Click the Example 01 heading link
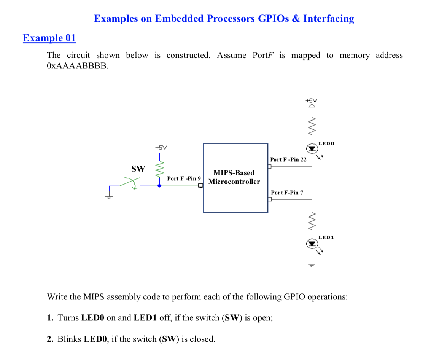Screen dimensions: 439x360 coord(49,38)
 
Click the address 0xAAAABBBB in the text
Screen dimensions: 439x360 coord(77,66)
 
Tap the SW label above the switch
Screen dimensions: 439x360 coord(138,169)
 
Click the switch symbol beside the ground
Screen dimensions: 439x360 coord(130,184)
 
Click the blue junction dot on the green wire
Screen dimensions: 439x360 coord(159,186)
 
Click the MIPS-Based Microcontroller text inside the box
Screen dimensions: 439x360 coord(234,177)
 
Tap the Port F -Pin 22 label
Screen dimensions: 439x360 coord(288,159)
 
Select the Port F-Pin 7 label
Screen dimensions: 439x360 coord(287,193)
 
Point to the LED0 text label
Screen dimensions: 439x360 coord(326,143)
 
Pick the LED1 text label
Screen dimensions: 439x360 coord(326,237)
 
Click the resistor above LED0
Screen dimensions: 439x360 coord(312,124)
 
